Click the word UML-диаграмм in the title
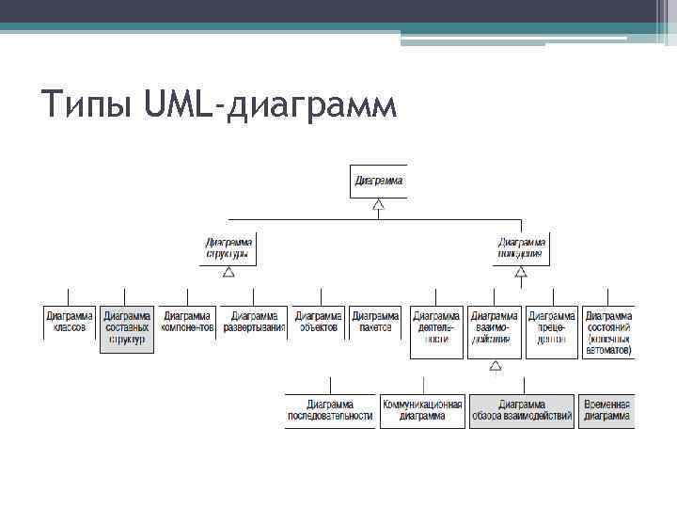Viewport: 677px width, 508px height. [x=272, y=105]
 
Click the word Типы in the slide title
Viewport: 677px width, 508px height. [x=89, y=105]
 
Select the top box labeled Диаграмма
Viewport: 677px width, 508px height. [x=379, y=181]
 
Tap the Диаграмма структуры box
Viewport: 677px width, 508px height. [x=228, y=248]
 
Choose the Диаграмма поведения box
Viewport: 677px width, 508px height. [x=521, y=248]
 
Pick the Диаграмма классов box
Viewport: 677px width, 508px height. [x=70, y=322]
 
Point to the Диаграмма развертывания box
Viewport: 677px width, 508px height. [x=254, y=322]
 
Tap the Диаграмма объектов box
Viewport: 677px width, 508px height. [x=317, y=322]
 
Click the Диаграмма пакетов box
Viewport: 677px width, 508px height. [x=374, y=322]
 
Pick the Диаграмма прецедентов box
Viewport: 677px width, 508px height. [x=552, y=328]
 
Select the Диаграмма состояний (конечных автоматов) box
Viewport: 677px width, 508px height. [x=609, y=332]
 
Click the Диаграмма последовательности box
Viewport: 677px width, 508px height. [x=330, y=410]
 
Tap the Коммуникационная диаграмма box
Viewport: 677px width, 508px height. [x=422, y=410]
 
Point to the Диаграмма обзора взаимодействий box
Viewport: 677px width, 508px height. [x=522, y=410]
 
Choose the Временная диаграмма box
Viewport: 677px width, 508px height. [x=606, y=410]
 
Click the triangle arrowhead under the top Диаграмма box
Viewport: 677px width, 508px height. [x=378, y=204]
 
